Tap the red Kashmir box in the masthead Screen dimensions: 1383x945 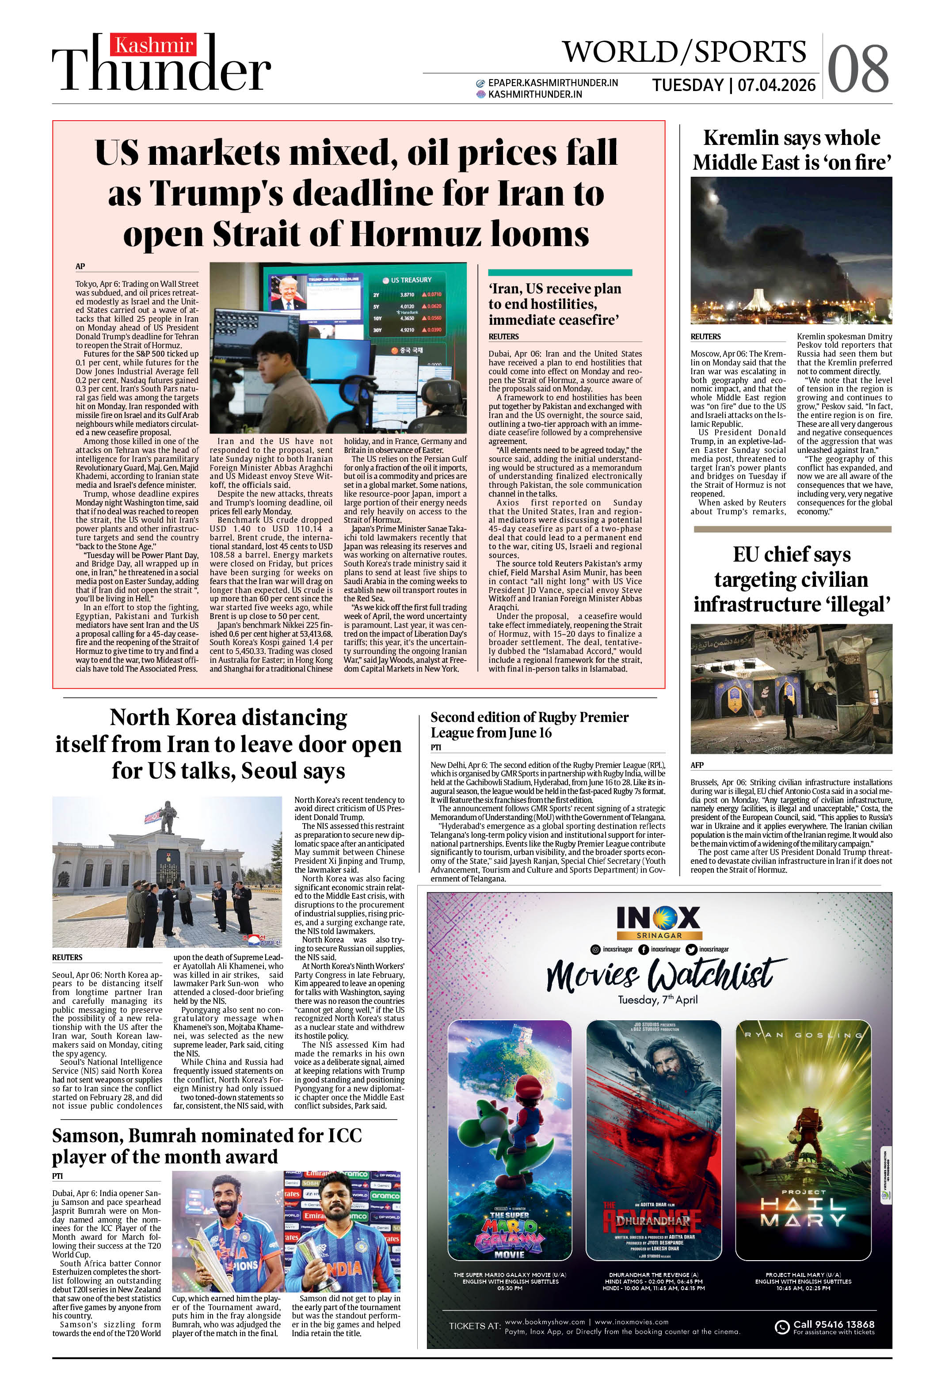click(x=154, y=45)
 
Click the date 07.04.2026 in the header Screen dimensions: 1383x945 click(x=777, y=85)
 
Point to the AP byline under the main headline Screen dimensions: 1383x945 click(x=80, y=266)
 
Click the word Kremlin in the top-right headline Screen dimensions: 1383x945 click(x=739, y=138)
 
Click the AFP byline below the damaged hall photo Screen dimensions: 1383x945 click(x=697, y=765)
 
